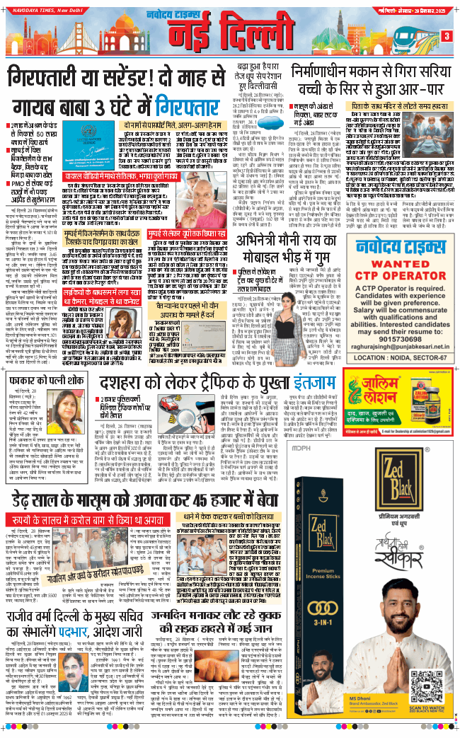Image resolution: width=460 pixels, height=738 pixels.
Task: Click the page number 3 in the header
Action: [447, 36]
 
